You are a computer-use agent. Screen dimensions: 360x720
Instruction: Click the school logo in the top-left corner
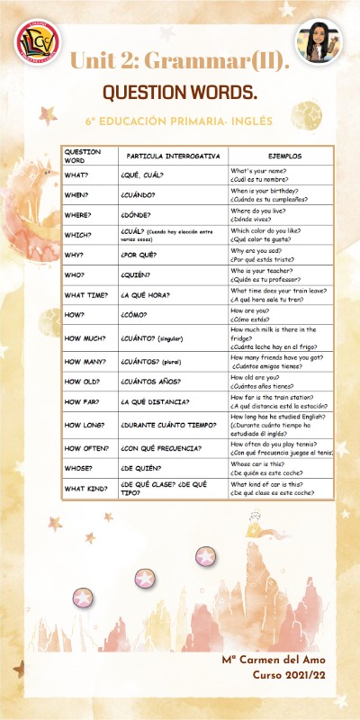pos(37,44)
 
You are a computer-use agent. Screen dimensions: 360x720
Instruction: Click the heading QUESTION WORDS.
pos(179,93)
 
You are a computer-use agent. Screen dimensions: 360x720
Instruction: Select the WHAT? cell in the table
pos(76,174)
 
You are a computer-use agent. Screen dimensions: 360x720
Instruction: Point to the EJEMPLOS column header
pos(284,155)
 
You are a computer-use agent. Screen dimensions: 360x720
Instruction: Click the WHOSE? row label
pos(79,468)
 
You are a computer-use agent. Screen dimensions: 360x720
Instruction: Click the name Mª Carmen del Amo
pos(274,661)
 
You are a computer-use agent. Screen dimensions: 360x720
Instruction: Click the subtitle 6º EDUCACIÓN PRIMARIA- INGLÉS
pos(179,119)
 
